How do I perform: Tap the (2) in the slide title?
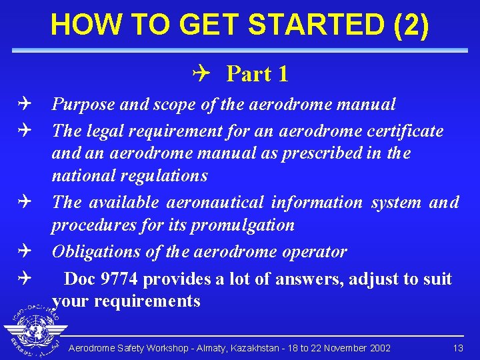pyautogui.click(x=411, y=25)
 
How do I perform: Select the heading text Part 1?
pyautogui.click(x=257, y=74)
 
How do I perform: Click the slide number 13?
pyautogui.click(x=457, y=349)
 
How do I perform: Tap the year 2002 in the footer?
pyautogui.click(x=378, y=349)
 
